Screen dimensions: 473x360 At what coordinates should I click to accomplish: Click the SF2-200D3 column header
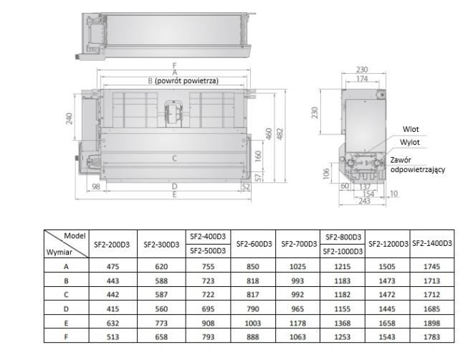point(112,245)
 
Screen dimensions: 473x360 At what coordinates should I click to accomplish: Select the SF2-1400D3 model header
point(432,243)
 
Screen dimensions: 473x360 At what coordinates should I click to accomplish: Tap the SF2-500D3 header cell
point(208,251)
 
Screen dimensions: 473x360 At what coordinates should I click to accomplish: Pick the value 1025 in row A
point(297,267)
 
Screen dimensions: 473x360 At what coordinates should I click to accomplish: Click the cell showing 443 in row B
point(113,281)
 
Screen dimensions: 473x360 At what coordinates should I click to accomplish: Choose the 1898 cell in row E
point(431,323)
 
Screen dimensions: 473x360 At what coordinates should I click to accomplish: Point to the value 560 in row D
point(161,309)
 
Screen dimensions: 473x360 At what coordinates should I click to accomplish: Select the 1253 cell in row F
point(343,337)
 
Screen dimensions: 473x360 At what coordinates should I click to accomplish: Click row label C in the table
point(66,295)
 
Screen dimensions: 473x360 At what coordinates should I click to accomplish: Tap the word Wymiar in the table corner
point(59,252)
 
